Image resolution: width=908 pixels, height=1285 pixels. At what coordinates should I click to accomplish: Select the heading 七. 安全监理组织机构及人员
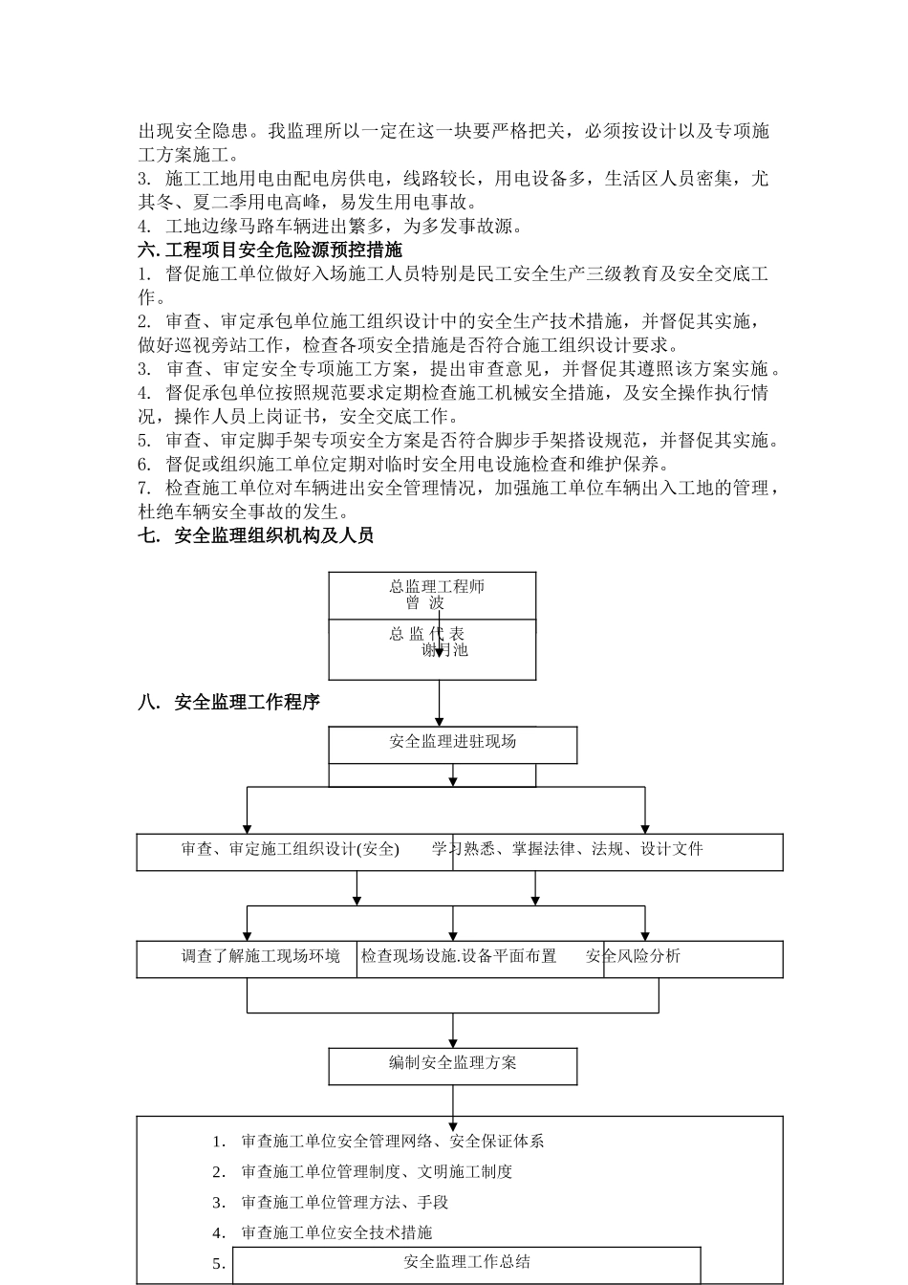tap(255, 536)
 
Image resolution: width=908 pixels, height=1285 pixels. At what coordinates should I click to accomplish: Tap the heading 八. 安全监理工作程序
tap(229, 703)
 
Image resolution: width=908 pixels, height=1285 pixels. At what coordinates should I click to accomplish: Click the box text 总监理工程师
tap(437, 586)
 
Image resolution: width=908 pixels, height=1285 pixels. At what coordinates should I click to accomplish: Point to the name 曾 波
tap(424, 603)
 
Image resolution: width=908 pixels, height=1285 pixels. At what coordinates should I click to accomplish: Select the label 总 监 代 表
tap(426, 634)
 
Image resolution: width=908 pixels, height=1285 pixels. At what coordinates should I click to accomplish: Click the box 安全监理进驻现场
tap(453, 742)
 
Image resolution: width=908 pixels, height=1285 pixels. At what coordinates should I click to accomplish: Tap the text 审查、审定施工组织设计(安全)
tap(291, 849)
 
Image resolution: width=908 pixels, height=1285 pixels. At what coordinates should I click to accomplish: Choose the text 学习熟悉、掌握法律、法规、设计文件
tap(568, 849)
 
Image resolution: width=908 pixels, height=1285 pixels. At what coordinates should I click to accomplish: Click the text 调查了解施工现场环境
tap(261, 956)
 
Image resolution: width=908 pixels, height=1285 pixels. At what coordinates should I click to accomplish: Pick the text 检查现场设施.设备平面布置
tap(459, 956)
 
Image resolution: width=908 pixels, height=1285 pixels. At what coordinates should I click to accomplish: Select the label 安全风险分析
tap(633, 956)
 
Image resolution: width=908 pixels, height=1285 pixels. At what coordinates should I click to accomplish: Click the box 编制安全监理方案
tap(453, 1063)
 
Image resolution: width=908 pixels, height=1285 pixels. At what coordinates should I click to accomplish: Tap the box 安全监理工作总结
tap(467, 1262)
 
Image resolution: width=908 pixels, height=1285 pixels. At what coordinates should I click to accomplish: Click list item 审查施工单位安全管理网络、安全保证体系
tap(393, 1142)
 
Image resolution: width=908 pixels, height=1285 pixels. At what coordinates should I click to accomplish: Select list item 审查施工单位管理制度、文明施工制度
tap(377, 1172)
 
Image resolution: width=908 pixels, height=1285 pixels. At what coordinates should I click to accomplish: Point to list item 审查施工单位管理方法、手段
tap(345, 1203)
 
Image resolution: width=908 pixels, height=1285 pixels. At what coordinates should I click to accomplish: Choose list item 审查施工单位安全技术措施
tap(336, 1233)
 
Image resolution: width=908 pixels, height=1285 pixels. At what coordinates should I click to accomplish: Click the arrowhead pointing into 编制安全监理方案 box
tap(453, 1042)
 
